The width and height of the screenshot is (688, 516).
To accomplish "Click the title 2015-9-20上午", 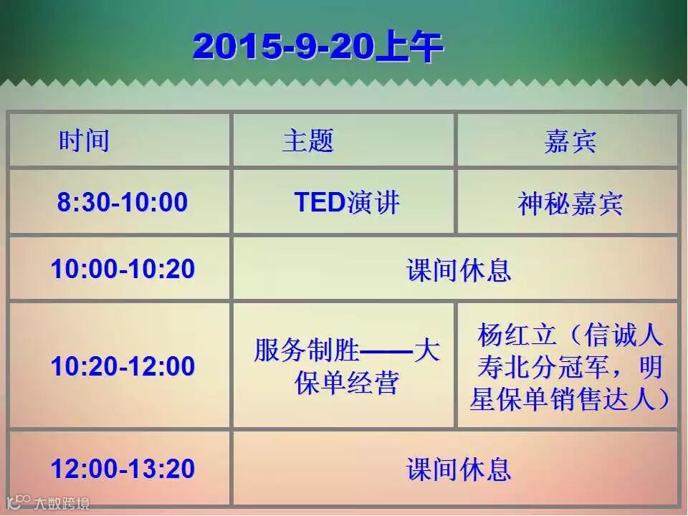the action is coord(318,46).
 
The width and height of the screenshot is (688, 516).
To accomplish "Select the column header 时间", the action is coord(84,140).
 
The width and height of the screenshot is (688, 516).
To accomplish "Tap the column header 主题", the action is coord(308,140).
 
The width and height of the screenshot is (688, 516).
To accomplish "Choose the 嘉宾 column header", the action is coord(570,141).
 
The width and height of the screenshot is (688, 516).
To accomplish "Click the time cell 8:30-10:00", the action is coord(123,202).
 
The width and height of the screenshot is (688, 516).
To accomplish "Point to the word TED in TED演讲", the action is coord(320,202).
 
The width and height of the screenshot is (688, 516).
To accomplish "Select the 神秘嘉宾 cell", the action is coord(570,204).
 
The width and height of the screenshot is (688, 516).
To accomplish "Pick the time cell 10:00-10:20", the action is coord(123,269).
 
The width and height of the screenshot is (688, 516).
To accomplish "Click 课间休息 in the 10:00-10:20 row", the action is coord(459,270).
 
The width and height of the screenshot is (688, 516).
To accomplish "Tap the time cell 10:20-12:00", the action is coord(123,366).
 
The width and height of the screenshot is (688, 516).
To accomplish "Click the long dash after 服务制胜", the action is coord(386,351).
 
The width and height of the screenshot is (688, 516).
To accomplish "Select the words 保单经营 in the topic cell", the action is coord(347,383).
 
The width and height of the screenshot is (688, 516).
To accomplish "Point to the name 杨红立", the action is coord(517,335).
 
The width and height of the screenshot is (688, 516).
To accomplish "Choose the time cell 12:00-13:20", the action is coord(123,468).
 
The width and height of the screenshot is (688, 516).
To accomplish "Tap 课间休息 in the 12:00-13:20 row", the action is coord(459,469).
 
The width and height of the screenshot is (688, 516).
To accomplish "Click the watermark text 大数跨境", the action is coord(62,503).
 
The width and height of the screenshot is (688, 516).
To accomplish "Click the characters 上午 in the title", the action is coord(409,46).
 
